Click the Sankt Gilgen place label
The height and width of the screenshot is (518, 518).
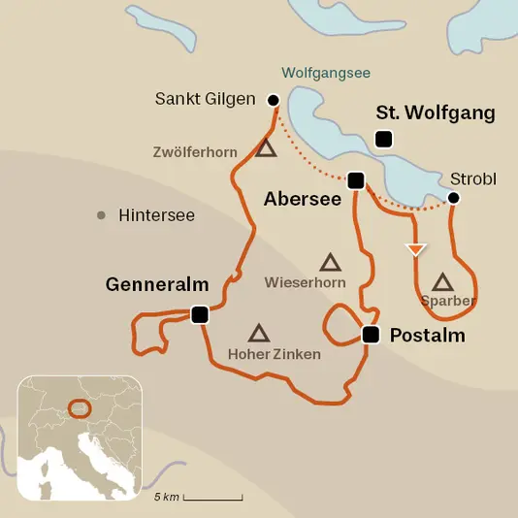tap(204, 99)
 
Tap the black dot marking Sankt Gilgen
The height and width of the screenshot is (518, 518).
tap(273, 99)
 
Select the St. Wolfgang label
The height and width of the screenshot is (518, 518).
tap(435, 113)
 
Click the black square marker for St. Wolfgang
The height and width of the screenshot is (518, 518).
tap(384, 140)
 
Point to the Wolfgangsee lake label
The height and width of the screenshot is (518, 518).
tap(326, 73)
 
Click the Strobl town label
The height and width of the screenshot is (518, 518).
tap(472, 179)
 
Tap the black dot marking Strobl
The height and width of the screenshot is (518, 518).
tap(452, 198)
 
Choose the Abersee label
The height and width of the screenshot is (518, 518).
tap(301, 198)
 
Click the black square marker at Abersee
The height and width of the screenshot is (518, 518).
tap(356, 180)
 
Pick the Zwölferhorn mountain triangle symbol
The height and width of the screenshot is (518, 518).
tap(266, 148)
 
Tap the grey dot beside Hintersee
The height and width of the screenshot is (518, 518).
tap(101, 215)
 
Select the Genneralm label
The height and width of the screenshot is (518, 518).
tap(157, 284)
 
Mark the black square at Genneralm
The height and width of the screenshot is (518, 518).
tap(200, 314)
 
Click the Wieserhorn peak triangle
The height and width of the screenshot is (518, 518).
tap(330, 262)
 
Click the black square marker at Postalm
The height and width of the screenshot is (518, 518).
tap(370, 335)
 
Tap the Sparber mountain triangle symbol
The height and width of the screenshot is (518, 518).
tap(443, 282)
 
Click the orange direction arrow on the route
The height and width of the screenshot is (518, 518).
tap(415, 249)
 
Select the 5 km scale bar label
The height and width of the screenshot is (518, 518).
tap(167, 498)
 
